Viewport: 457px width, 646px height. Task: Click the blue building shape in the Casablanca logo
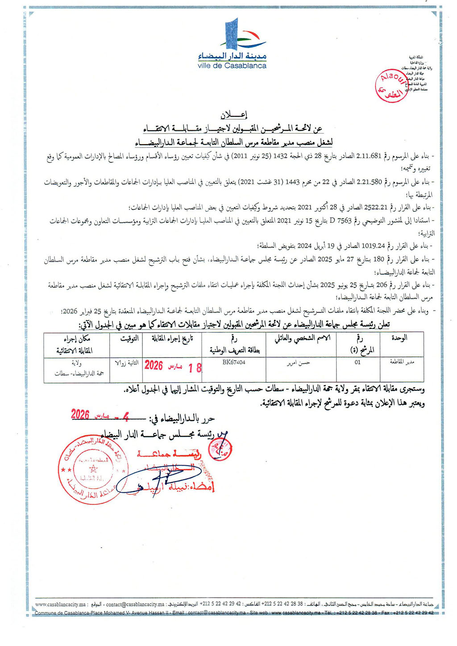click(x=232, y=37)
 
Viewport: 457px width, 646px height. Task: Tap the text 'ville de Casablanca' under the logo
click(x=232, y=66)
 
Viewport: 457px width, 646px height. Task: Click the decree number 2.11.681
click(x=370, y=156)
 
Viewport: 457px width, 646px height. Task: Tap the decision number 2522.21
click(x=375, y=208)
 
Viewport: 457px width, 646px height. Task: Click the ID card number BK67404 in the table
click(x=234, y=363)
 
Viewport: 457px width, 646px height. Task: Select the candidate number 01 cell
click(x=357, y=363)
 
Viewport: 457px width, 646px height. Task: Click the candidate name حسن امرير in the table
click(x=299, y=363)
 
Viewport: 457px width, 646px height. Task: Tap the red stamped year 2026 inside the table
click(x=154, y=366)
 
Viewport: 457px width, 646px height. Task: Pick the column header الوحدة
click(x=399, y=338)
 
